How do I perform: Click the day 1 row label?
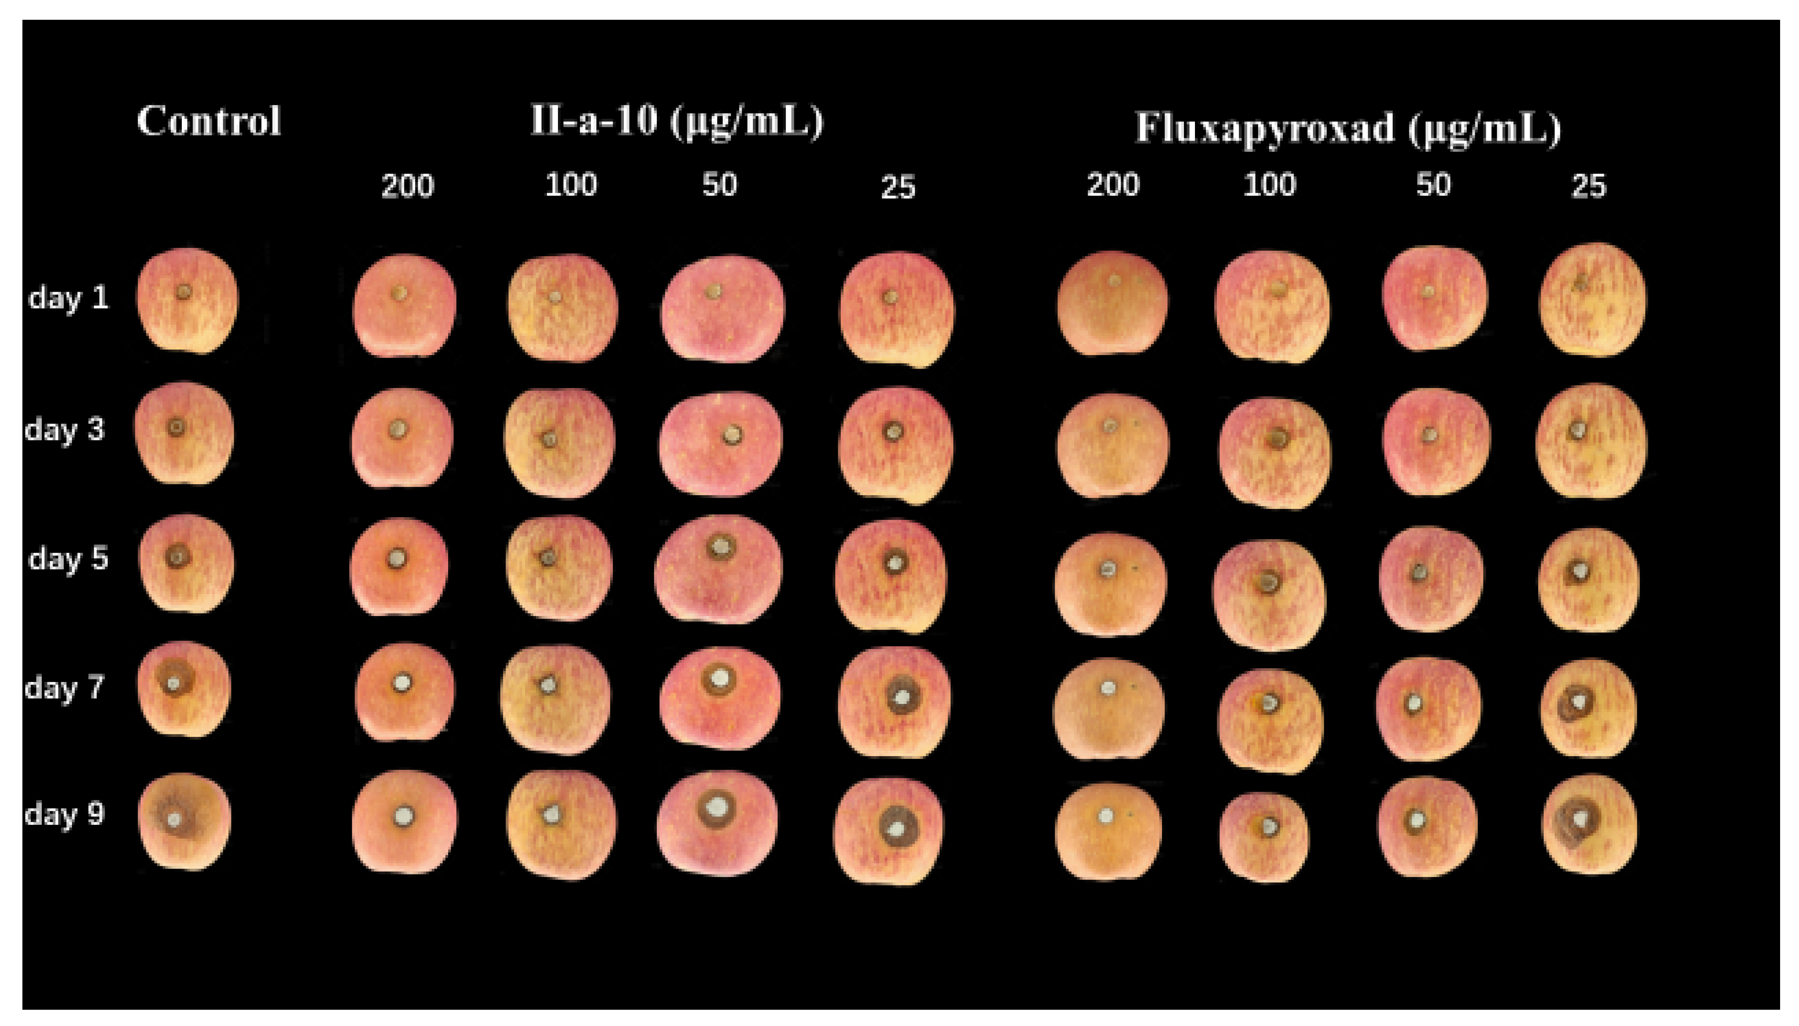point(69,298)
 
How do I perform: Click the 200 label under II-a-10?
point(407,186)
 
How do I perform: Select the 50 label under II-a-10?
point(719,185)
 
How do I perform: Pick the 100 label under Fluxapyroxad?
point(1269,185)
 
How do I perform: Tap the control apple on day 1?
point(187,301)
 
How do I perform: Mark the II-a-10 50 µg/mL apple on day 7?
point(719,696)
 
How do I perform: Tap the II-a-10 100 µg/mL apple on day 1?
point(562,308)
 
